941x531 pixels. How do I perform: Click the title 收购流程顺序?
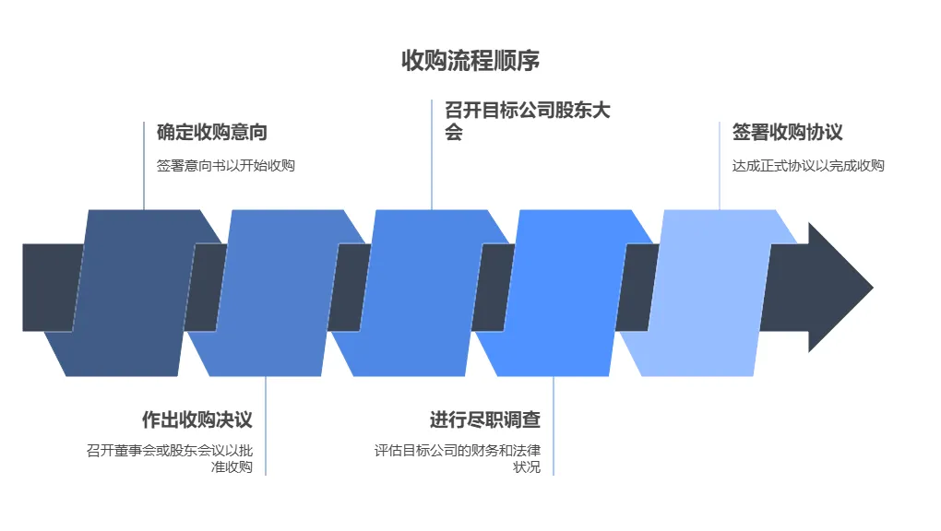point(470,61)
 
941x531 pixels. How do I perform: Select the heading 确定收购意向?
point(212,132)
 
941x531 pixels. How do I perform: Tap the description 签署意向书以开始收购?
point(226,166)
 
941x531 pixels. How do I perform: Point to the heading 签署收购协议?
point(788,132)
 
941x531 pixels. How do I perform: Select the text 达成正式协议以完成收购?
point(808,166)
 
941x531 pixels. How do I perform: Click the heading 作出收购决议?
point(197,419)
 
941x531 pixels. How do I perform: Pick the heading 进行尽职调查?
point(484,419)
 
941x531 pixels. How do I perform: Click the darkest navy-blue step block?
point(134,293)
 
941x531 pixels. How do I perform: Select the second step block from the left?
point(272,293)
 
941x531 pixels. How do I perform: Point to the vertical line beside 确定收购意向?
point(144,166)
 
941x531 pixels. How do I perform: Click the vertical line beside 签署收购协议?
point(720,166)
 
